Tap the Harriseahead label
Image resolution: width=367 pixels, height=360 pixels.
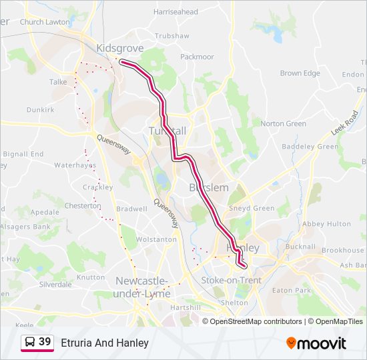tap(175, 12)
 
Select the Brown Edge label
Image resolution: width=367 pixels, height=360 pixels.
tap(300, 73)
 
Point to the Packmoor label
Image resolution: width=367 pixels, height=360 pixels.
tap(197, 57)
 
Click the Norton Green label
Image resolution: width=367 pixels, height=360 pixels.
tap(283, 123)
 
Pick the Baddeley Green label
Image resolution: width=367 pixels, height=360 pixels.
tap(310, 147)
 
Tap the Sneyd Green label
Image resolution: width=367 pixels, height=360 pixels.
tap(252, 209)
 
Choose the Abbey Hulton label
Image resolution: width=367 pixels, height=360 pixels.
tap(326, 224)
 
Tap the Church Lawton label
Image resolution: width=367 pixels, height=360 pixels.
tap(45, 22)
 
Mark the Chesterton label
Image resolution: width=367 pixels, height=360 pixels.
tap(83, 206)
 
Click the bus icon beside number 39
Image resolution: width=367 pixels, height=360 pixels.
tap(30, 342)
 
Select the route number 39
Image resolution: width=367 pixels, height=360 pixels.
tap(45, 342)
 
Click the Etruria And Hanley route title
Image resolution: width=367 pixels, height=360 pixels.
tap(105, 343)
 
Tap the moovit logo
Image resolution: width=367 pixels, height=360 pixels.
tap(316, 343)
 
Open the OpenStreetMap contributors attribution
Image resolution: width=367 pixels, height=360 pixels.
tap(256, 321)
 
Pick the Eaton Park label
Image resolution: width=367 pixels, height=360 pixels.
tap(292, 291)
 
